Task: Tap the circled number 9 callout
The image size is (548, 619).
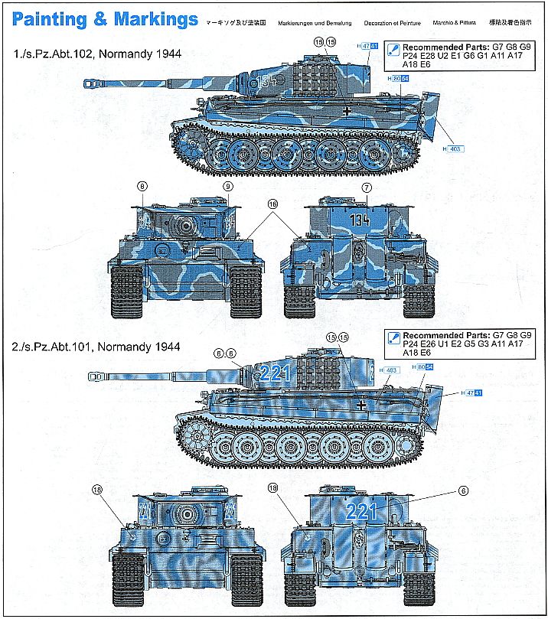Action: click(227, 187)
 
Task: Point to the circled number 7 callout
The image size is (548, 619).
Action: click(367, 187)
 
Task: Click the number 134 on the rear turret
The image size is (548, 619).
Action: click(360, 220)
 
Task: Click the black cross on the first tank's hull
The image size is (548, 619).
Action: click(349, 112)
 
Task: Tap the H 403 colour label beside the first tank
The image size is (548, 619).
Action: click(453, 148)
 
